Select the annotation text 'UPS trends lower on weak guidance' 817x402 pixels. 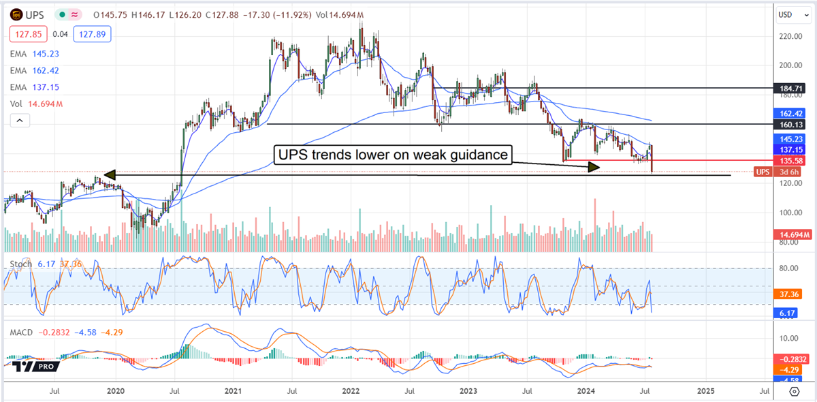click(392, 155)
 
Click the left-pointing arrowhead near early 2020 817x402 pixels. click(109, 175)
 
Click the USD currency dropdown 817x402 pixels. click(788, 14)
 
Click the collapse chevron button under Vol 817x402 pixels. click(20, 121)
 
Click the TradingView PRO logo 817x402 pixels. click(32, 365)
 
